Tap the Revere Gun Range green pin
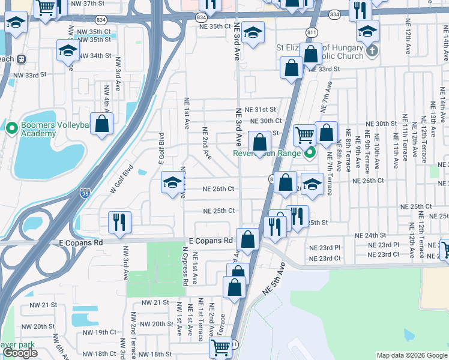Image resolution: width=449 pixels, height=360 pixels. point(310,153)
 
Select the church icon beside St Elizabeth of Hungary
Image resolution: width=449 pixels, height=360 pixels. point(372,50)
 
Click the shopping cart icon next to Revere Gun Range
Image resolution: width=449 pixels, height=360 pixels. point(304,135)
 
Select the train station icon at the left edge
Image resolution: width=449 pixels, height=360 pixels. point(21,59)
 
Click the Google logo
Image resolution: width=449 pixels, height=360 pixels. point(20,353)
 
